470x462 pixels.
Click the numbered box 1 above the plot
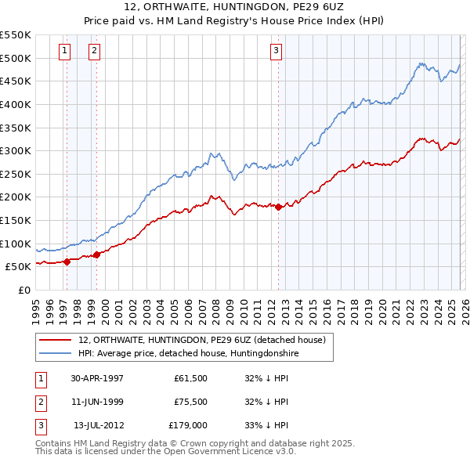[x=63, y=51]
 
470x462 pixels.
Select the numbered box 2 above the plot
[x=93, y=51]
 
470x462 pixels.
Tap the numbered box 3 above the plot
[x=277, y=51]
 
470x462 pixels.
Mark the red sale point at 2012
[x=278, y=207]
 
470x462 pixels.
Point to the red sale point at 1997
[x=67, y=262]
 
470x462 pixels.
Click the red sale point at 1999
[x=96, y=254]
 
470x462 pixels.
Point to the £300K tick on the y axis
[x=16, y=150]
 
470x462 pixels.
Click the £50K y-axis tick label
[x=18, y=266]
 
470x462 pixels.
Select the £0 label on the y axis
[x=23, y=290]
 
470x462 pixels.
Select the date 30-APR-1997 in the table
[x=97, y=378]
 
